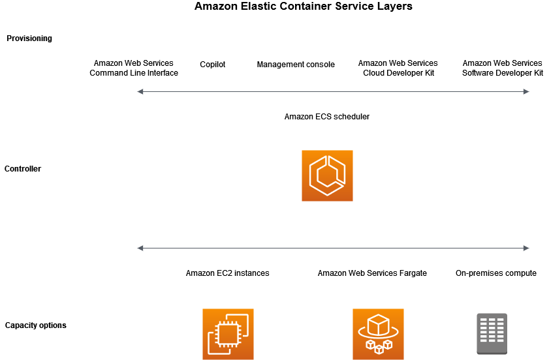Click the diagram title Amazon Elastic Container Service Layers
[303, 7]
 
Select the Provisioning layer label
[29, 38]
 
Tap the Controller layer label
[23, 169]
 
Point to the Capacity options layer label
[35, 325]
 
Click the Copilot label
[212, 65]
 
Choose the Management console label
[296, 65]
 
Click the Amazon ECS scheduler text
[327, 117]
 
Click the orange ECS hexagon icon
[327, 175]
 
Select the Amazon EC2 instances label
[227, 273]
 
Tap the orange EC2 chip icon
[228, 334]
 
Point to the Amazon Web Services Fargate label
[372, 273]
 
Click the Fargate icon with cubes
[378, 334]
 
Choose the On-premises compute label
[496, 273]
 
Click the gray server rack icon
[492, 334]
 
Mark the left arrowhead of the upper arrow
[140, 92]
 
